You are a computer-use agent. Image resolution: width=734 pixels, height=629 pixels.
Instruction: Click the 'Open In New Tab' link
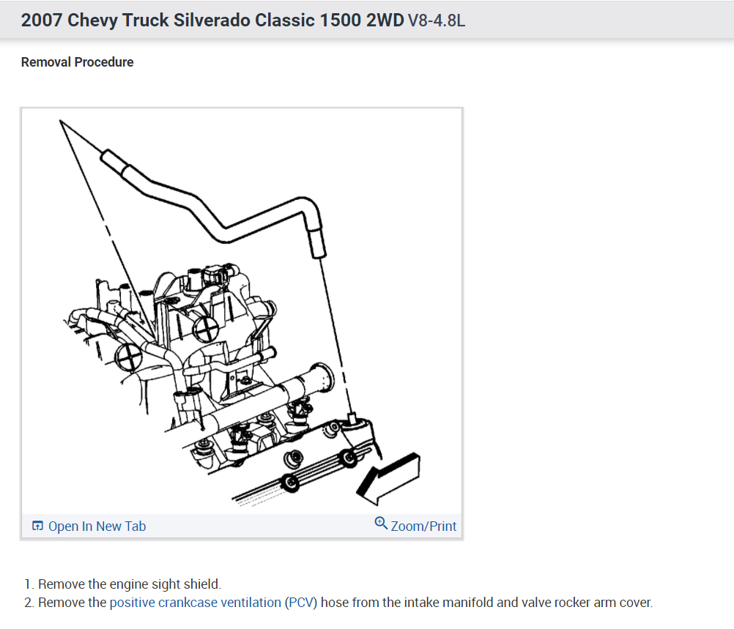point(97,526)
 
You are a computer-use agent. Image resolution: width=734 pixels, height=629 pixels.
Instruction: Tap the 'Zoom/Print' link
point(423,526)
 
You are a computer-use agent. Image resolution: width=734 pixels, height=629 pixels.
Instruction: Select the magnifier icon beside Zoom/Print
point(381,524)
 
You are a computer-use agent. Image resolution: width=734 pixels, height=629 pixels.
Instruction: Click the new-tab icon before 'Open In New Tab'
point(37,526)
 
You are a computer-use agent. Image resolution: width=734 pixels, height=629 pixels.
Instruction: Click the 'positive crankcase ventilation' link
point(195,603)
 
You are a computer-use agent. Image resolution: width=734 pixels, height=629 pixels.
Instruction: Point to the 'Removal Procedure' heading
point(78,62)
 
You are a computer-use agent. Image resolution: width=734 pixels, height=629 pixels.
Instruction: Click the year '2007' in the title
point(41,21)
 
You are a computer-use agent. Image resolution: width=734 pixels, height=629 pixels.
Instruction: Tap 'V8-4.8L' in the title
point(437,21)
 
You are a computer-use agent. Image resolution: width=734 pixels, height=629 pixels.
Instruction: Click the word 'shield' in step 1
point(202,584)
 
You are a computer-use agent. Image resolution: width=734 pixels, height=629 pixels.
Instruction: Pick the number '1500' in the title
point(339,21)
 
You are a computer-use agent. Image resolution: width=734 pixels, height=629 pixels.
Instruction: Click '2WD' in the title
point(384,21)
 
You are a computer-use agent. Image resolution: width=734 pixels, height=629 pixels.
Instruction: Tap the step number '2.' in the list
point(29,603)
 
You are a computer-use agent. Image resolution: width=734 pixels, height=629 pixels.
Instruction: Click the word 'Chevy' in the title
point(91,21)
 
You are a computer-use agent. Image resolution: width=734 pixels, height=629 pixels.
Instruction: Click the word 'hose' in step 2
point(338,603)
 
